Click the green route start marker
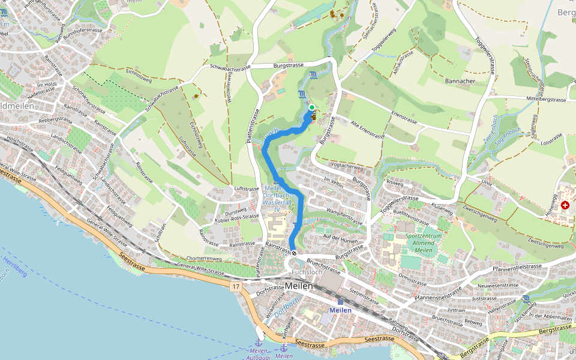coord(312,107)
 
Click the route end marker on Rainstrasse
coord(294,254)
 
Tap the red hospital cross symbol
coord(565,205)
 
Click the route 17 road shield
coord(236,287)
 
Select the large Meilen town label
coord(299,286)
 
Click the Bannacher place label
coord(460,80)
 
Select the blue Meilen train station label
coord(340,310)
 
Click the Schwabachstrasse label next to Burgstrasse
coord(230,68)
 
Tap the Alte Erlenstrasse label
coord(367,131)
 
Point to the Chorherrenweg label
coord(205,259)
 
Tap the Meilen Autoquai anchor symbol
coord(259,341)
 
